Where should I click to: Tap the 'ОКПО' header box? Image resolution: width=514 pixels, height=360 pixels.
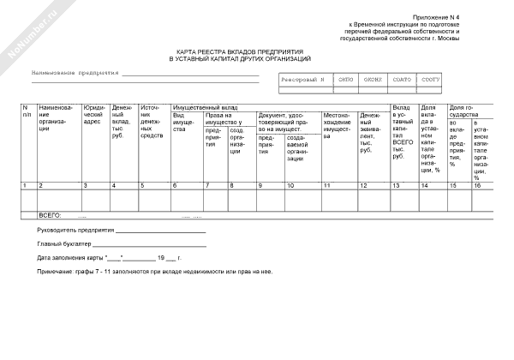pos(345,79)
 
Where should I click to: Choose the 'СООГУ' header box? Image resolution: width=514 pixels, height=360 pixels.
pos(430,79)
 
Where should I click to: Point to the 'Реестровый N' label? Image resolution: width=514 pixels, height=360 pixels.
pos(303,79)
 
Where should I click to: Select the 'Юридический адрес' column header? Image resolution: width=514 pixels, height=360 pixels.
pos(93,117)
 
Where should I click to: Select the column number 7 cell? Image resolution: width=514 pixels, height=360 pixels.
pos(206,185)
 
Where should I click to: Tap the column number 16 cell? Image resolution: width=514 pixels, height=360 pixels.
pos(479,185)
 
